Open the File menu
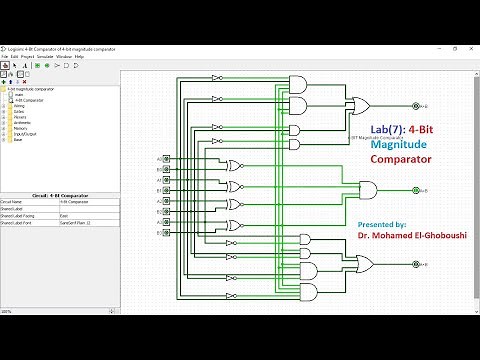point(5,56)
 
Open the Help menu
point(79,56)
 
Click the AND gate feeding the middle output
point(369,189)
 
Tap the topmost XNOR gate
point(234,165)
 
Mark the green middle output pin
point(414,189)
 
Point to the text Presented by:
point(381,225)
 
